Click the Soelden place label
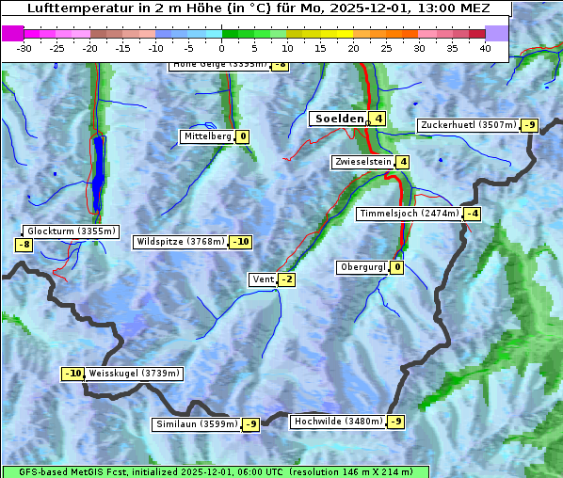coord(338,119)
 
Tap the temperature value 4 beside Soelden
coord(378,119)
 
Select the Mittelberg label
coord(207,136)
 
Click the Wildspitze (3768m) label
coord(180,242)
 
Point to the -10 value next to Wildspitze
coord(241,242)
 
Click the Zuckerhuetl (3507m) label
coord(468,125)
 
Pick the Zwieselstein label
coord(362,162)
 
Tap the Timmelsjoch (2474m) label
coord(410,214)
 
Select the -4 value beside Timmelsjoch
coord(472,214)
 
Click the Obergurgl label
coord(362,267)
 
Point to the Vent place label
coord(262,279)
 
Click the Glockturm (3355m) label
coord(71,231)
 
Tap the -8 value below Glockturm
coord(24,245)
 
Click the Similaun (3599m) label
coord(197,424)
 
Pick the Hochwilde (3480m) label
coord(338,422)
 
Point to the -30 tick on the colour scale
coord(24,48)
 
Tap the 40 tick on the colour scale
coord(485,48)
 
